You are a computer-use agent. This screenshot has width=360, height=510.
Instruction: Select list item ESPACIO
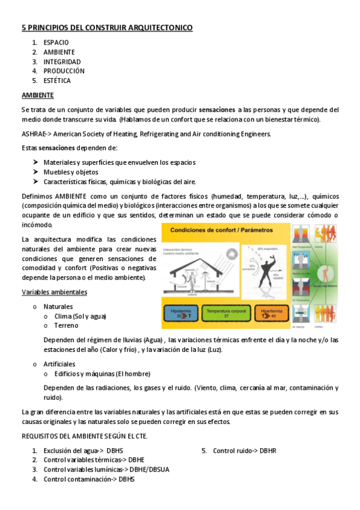pyautogui.click(x=56, y=43)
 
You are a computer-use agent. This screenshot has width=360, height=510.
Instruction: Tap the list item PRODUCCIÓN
pyautogui.click(x=64, y=70)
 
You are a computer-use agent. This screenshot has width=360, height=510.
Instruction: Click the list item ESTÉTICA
pyautogui.click(x=57, y=80)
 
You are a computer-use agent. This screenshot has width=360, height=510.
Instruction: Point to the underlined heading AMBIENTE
pyautogui.click(x=38, y=95)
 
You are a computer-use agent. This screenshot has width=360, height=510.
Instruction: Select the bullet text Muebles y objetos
pyautogui.click(x=71, y=172)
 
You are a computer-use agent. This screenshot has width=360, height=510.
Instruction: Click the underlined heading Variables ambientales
pyautogui.click(x=55, y=292)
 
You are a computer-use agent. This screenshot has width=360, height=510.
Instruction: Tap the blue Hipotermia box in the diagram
pyautogui.click(x=182, y=313)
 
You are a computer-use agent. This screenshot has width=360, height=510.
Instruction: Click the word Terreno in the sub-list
pyautogui.click(x=66, y=325)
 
